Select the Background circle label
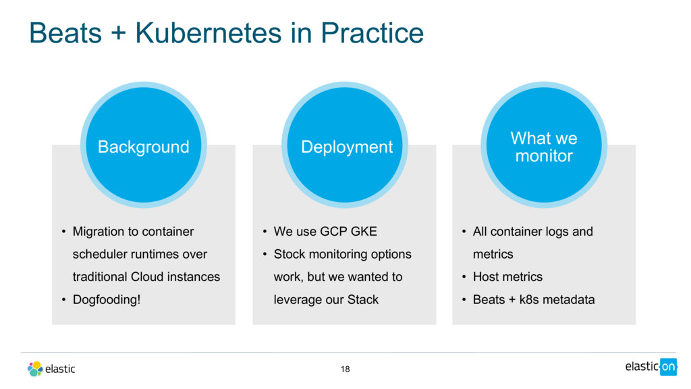point(143,147)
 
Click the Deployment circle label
point(347,147)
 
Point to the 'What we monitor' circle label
point(544,147)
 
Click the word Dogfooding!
point(107,299)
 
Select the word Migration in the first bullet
point(98,232)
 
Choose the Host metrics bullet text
point(507,277)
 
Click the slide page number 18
point(345,369)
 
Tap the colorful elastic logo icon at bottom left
point(35,369)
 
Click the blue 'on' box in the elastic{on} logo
point(668,367)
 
